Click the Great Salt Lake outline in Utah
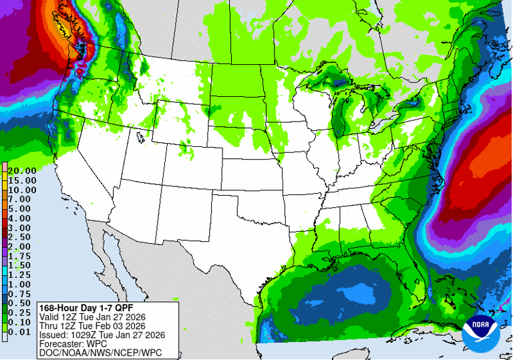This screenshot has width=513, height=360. pos(140,138)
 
